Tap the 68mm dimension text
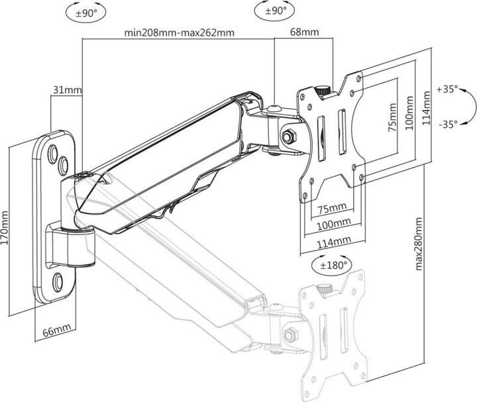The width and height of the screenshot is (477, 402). (x=305, y=32)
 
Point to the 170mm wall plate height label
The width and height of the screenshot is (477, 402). (x=6, y=228)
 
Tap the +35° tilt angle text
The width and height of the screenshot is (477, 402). (x=448, y=89)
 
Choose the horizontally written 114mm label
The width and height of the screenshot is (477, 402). (x=333, y=243)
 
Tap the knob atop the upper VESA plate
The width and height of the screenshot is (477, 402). (x=322, y=89)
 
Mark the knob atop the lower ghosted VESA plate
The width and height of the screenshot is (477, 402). (x=324, y=289)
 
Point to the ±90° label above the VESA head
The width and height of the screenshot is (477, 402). (x=274, y=11)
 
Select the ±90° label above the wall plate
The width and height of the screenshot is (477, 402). (x=83, y=11)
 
